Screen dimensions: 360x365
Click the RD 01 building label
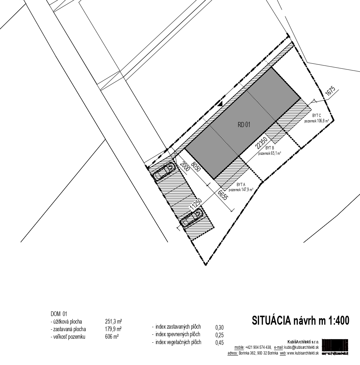244,125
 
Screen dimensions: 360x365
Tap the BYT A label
241,185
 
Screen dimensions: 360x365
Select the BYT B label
270,148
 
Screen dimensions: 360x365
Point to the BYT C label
317,116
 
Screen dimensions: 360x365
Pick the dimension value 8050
195,166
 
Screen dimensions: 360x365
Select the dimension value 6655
223,195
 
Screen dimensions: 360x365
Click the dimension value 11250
195,205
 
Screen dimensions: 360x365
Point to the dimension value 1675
330,91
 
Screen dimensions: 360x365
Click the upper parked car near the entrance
164,171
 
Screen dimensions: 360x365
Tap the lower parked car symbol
192,218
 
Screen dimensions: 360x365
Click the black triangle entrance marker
220,104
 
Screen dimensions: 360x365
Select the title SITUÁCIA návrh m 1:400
301,320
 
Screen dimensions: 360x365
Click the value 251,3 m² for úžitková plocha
114,322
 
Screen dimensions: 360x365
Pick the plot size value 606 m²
112,337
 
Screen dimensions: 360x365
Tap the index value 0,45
219,343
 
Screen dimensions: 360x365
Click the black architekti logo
335,347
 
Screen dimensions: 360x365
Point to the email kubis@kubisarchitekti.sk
302,347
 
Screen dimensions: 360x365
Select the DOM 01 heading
59,314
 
